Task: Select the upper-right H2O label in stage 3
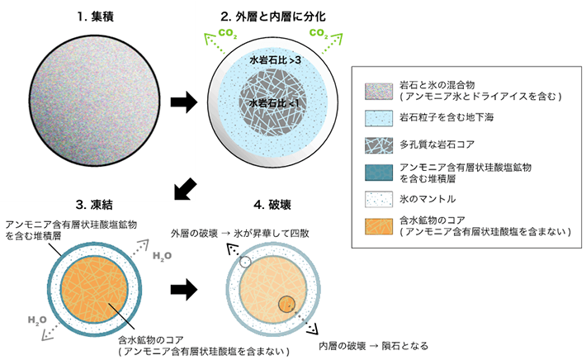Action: tap(162, 257)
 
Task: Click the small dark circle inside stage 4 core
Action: tap(286, 303)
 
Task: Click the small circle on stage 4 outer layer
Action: tap(244, 263)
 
